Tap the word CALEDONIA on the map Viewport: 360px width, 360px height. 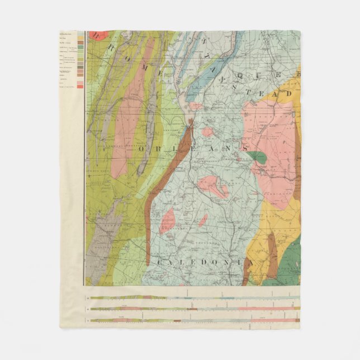pos(206,262)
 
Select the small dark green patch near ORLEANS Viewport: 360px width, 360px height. pos(257,158)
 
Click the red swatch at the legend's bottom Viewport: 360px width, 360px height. pos(80,86)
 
